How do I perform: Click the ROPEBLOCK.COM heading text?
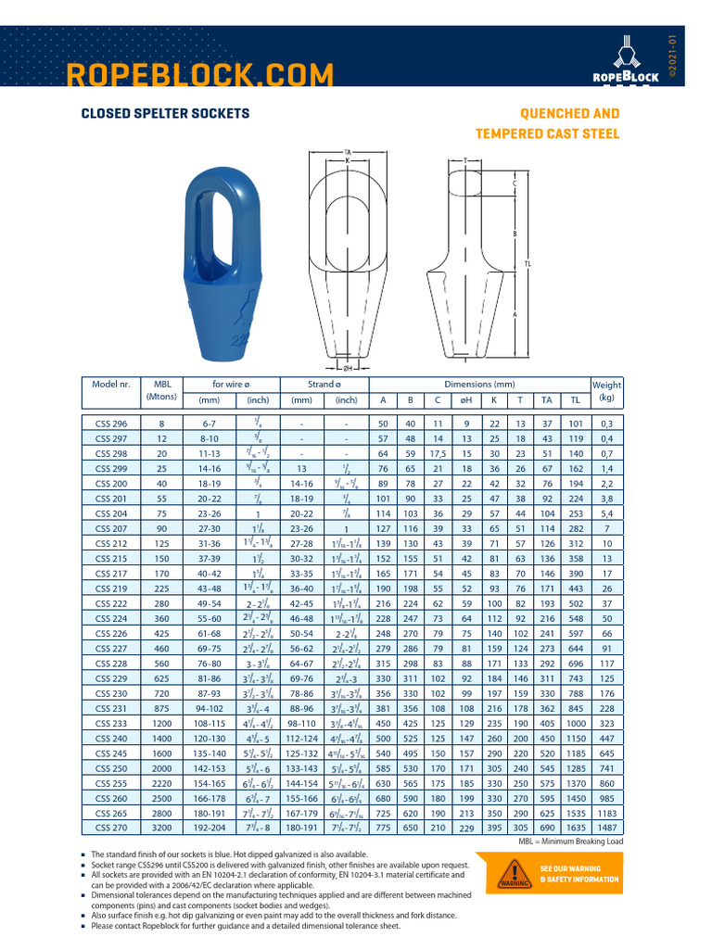pos(201,74)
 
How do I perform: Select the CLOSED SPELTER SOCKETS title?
pos(165,113)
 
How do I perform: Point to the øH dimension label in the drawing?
pos(347,366)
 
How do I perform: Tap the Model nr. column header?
pos(112,384)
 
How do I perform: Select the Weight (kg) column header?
pos(607,390)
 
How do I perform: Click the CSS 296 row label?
pos(112,423)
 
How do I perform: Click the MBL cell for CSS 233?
pos(163,723)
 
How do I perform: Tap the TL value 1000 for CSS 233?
pos(576,723)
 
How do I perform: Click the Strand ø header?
pos(324,384)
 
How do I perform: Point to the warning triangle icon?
pos(509,873)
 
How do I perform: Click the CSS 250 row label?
pos(112,768)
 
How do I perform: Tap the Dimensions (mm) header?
pos(479,384)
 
